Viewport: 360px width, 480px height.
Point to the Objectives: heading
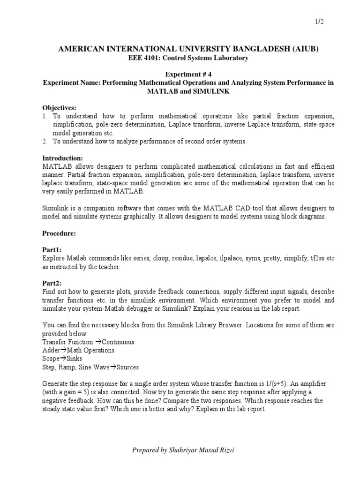(x=59, y=107)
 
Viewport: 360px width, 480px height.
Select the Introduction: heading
(x=63, y=158)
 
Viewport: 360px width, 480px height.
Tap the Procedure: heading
(x=59, y=233)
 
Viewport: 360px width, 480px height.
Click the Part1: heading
(x=52, y=250)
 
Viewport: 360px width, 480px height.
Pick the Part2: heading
(x=52, y=284)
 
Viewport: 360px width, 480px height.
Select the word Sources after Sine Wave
(x=127, y=367)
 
